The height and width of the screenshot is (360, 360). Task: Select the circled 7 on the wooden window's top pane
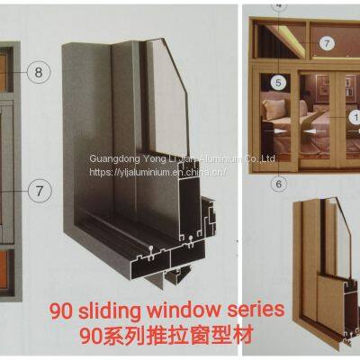[x=326, y=42]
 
